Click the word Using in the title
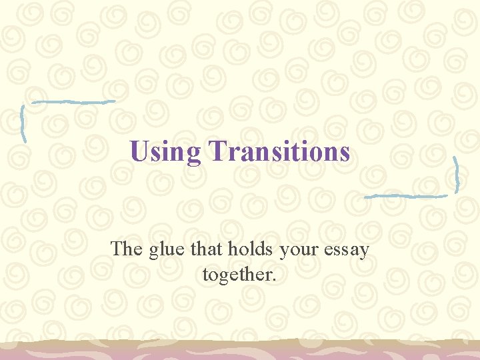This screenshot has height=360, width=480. [x=165, y=151]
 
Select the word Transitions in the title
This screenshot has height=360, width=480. [x=279, y=151]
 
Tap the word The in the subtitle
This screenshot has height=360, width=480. [x=124, y=249]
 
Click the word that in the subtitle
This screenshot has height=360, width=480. [x=206, y=249]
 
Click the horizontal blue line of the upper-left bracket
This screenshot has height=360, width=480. [x=73, y=102]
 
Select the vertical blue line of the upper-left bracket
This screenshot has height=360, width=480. [x=23, y=124]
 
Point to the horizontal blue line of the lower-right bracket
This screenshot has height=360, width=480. [x=406, y=196]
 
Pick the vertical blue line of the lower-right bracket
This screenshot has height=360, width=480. [x=456, y=175]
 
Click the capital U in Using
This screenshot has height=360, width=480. [x=139, y=151]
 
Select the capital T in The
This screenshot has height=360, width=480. [x=117, y=249]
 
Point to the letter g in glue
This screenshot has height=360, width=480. [x=149, y=251]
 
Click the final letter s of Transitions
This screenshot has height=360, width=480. [x=345, y=153]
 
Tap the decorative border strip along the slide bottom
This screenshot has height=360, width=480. [x=240, y=349]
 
